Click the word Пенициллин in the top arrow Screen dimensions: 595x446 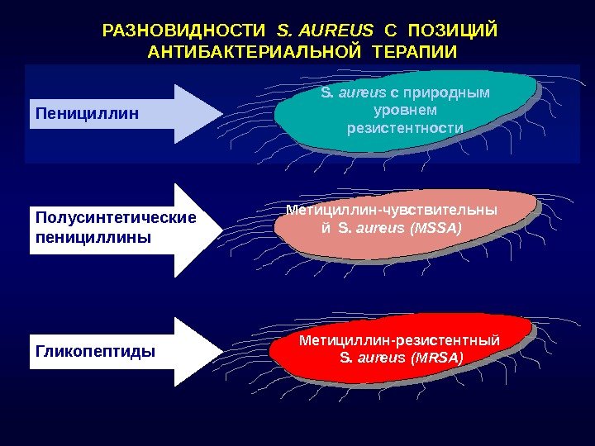point(88,111)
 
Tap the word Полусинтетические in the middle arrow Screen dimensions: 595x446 point(116,218)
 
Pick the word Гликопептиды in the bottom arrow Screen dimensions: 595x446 point(95,352)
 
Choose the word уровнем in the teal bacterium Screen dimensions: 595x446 point(405,110)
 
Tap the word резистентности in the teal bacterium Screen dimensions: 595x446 point(405,128)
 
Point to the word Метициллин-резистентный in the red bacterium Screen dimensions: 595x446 point(400,340)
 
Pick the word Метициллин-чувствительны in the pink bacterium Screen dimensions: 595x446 point(392,210)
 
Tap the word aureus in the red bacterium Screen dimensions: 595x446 point(380,358)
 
